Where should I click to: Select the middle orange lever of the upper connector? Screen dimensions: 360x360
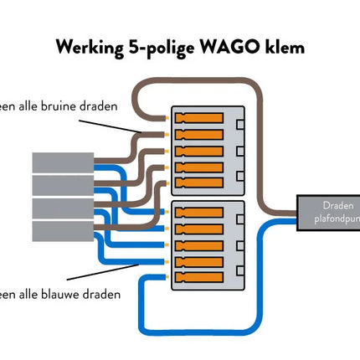(x=199, y=149)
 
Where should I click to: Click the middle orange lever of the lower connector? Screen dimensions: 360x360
(x=199, y=244)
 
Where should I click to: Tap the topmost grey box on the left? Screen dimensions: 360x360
(x=60, y=162)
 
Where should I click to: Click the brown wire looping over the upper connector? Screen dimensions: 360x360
(x=201, y=84)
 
